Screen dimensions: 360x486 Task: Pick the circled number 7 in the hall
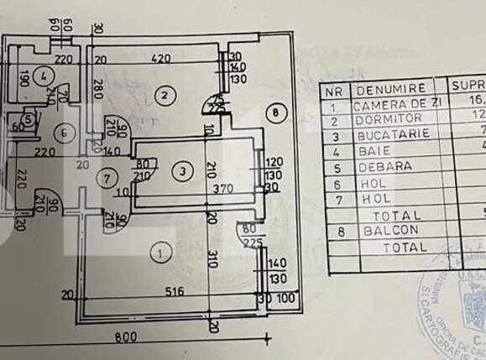[x=106, y=177]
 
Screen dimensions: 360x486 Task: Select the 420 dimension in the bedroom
[x=161, y=60]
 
